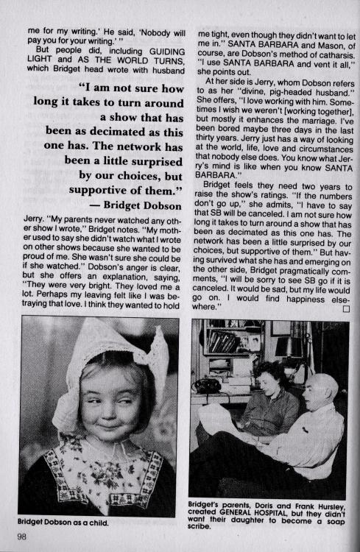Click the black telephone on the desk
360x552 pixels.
[x=206, y=385]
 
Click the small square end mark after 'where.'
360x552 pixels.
[x=344, y=308]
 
